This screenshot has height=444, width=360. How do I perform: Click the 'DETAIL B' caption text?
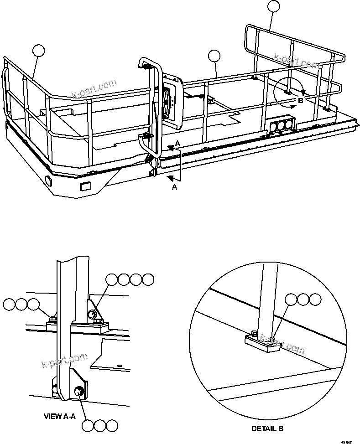[x=267, y=429]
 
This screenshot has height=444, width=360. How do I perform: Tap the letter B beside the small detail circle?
[x=300, y=101]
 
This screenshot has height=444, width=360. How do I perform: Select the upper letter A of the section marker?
[x=177, y=143]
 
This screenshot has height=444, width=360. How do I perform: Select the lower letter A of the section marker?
[x=174, y=187]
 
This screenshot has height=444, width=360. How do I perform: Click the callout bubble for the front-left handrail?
[x=39, y=51]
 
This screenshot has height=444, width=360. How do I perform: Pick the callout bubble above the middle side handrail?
[x=214, y=56]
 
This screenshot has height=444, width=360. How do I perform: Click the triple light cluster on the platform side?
[x=281, y=126]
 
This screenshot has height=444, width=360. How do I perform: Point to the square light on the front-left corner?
[x=48, y=181]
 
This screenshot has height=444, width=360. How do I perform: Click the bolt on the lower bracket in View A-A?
[x=78, y=391]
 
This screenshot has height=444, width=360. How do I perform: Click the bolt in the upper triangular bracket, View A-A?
[x=93, y=314]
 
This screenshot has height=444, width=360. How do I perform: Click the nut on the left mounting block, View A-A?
[x=53, y=318]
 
